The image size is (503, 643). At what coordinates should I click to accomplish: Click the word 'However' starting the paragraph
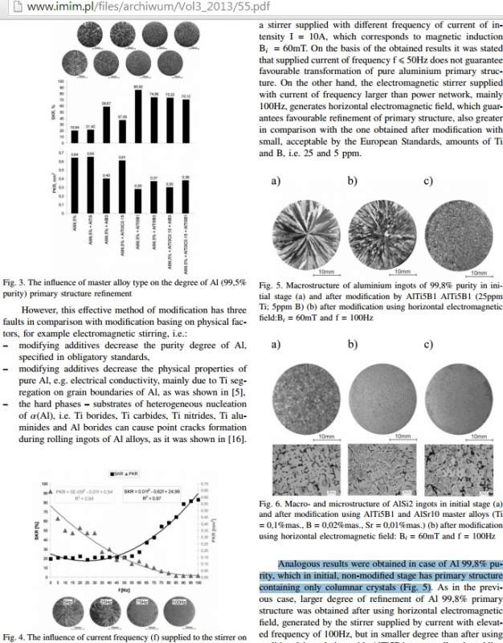click(x=43, y=309)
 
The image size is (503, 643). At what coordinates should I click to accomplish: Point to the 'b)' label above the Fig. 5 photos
click(x=352, y=182)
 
